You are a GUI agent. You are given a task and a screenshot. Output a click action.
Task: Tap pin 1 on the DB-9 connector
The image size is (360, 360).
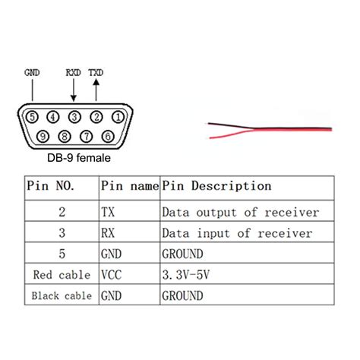pos(118,117)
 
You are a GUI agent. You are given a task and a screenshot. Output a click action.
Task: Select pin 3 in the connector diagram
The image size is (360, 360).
pos(75,117)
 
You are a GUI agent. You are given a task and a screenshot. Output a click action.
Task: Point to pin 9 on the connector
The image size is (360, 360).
pos(43,137)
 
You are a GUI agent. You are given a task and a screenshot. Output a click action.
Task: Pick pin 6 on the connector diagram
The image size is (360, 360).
pos(108,137)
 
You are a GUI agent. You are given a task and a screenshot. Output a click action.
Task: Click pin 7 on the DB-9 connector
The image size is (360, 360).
pos(87,137)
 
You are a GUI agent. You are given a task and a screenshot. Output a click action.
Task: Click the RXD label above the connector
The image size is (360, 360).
pos(74,73)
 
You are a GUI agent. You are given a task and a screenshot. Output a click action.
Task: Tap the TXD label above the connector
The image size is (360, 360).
pos(96,73)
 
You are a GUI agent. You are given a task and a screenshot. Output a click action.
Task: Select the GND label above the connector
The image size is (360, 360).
pos(32,73)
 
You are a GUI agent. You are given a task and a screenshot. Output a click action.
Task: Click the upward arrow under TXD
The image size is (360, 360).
pos(96,91)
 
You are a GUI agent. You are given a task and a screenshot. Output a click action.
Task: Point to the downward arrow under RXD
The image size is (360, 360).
pos(74,91)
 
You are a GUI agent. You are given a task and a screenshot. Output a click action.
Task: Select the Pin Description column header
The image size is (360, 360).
pos(216,185)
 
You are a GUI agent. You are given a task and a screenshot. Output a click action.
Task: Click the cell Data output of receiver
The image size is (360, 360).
pos(240,212)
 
